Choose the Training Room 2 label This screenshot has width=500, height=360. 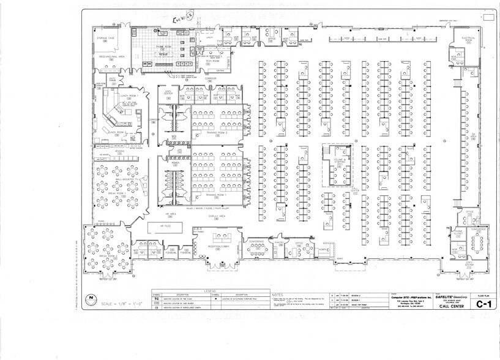217,132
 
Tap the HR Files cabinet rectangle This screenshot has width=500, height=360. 165,226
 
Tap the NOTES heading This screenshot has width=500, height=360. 275,293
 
